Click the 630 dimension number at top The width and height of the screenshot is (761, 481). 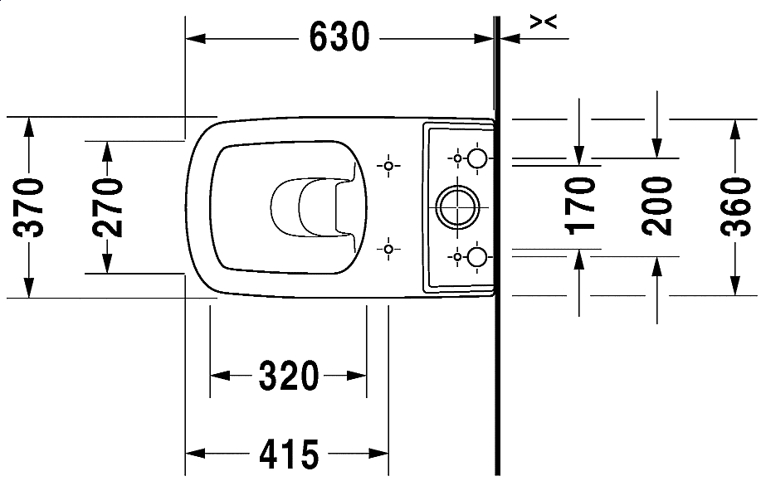(x=339, y=37)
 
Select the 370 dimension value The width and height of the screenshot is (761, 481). (x=30, y=207)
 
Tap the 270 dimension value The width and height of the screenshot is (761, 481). (x=107, y=207)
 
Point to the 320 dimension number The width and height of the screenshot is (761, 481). (x=289, y=377)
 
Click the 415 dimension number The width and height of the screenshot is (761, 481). (x=289, y=454)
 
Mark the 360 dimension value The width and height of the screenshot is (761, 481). (x=734, y=207)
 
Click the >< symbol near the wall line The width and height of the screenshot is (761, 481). (x=543, y=23)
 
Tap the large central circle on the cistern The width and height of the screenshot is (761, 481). (x=456, y=207)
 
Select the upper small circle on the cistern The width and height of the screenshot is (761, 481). (x=478, y=158)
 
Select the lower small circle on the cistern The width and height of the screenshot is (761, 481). (x=478, y=257)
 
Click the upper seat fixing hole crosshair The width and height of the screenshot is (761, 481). (x=388, y=167)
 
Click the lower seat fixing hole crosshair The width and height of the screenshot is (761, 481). (x=388, y=248)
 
